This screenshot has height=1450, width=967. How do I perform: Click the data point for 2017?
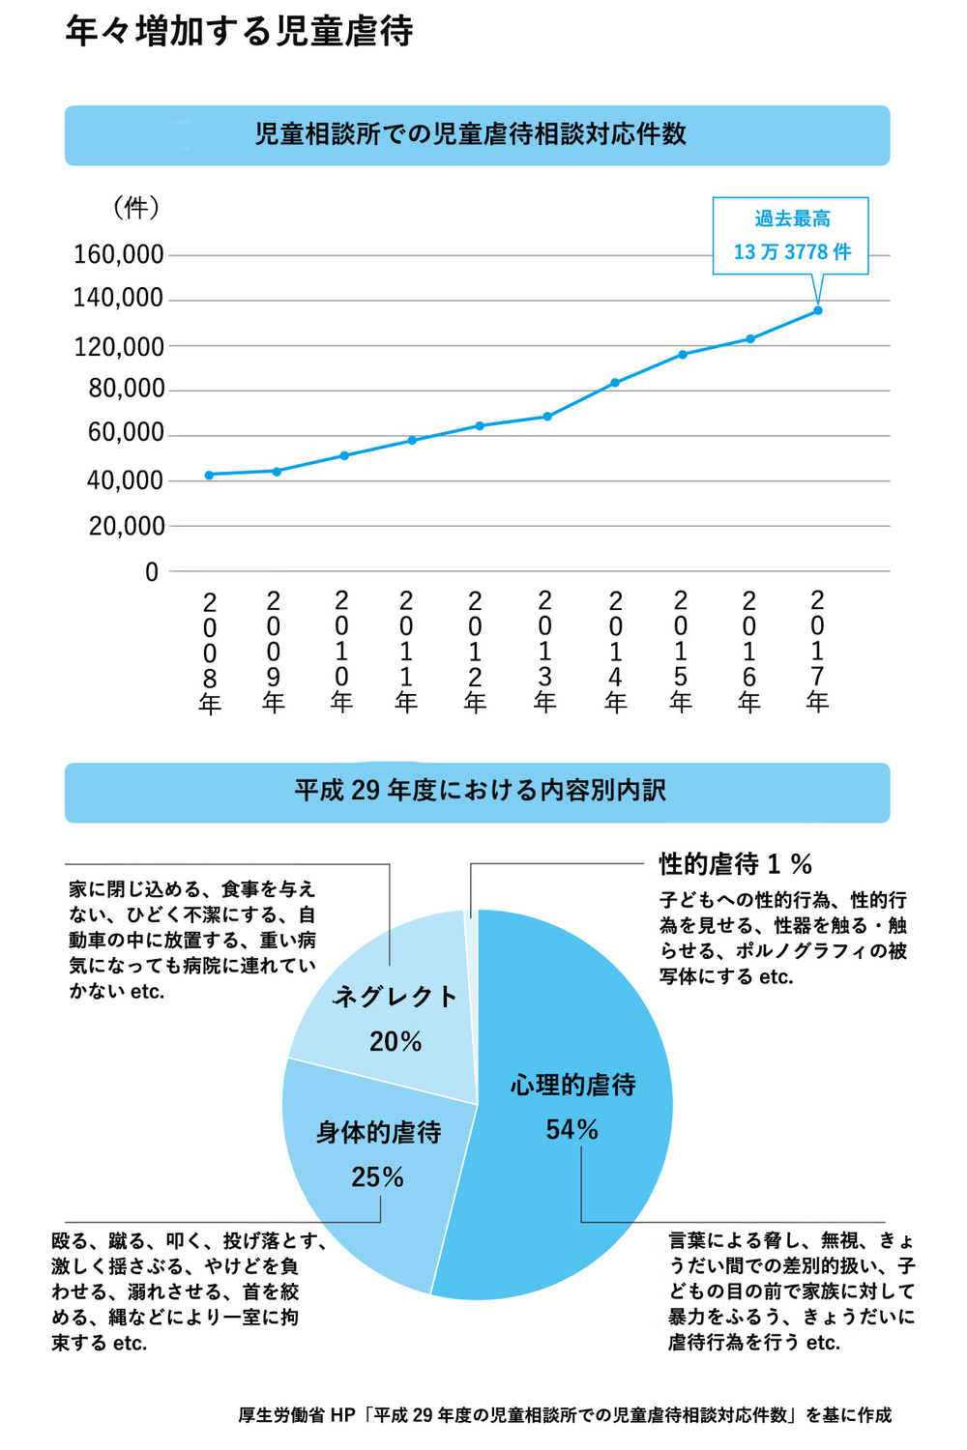point(818,310)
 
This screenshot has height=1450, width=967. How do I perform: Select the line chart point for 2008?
point(209,475)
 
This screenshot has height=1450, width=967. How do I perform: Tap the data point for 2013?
point(547,417)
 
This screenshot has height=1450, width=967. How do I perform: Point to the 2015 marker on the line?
point(683,355)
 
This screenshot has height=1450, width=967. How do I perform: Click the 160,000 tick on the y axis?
point(119,255)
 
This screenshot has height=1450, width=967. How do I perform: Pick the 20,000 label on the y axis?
point(127,527)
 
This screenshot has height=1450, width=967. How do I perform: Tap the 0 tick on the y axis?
point(152,572)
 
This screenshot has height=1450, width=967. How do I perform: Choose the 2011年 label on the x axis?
point(406,651)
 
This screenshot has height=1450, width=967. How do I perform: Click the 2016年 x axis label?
point(749,651)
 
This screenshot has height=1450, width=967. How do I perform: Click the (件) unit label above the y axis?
point(135,207)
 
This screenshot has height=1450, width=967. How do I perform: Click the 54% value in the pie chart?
point(571,1129)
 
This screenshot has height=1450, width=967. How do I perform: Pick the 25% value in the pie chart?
point(377,1176)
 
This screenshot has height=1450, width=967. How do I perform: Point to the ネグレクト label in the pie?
point(395,997)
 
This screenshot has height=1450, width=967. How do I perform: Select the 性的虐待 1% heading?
point(736,863)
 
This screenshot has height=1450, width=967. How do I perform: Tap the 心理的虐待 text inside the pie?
point(573,1086)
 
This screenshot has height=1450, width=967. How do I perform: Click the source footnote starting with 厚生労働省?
point(565,1414)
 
